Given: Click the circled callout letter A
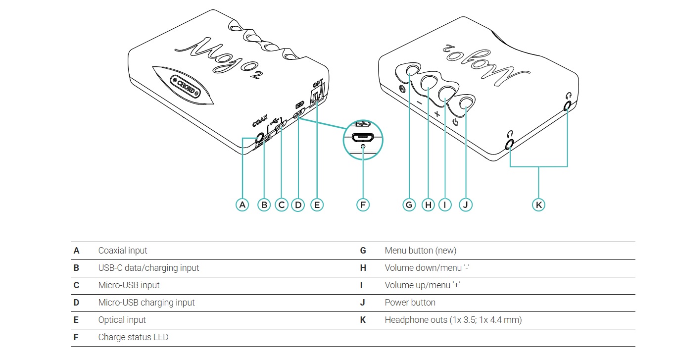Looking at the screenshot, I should [242, 205].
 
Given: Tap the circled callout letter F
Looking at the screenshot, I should [363, 205].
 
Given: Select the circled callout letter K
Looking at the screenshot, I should [538, 205].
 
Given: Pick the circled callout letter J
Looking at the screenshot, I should [466, 205].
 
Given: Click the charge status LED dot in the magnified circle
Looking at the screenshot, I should [363, 146].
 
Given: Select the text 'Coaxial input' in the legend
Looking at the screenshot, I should [123, 251].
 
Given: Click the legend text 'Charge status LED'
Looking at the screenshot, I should [133, 337].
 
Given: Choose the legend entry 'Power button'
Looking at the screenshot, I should [410, 303].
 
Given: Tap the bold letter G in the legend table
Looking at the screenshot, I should [363, 251].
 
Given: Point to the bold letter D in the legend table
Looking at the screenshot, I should [76, 303].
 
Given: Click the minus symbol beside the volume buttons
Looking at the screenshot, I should [419, 103].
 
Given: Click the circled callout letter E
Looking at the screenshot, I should [316, 205].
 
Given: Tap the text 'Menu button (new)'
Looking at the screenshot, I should [420, 251].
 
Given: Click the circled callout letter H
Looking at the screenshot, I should [428, 205].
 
